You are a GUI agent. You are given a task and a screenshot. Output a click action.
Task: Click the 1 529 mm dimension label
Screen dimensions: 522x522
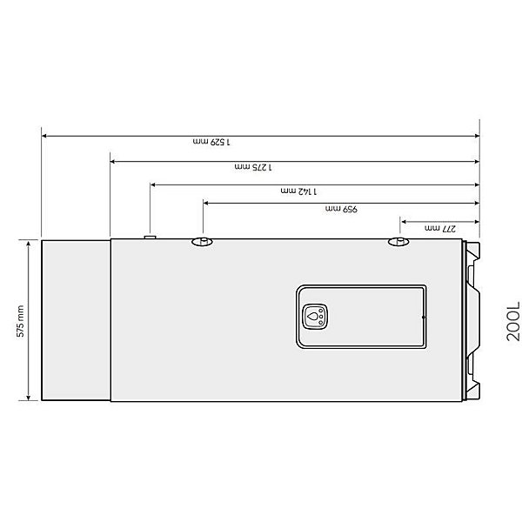211,142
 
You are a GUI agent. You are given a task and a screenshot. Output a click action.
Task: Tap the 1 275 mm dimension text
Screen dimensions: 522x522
253,166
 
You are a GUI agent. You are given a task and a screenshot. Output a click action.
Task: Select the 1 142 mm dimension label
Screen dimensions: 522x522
299,191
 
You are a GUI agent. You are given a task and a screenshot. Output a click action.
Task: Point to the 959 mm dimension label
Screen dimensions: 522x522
341,209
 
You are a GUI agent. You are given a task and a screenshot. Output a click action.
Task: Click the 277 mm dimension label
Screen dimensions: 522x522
440,228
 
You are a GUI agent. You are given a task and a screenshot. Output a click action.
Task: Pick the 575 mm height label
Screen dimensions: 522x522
21,321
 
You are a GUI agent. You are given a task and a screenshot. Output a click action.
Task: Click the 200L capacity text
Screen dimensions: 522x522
513,321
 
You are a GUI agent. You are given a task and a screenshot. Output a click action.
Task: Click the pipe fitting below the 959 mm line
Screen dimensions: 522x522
202,241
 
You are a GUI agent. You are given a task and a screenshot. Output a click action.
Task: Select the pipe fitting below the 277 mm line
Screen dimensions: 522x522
398,241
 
